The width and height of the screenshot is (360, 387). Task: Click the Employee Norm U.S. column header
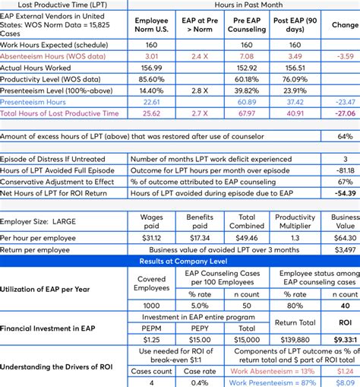[x=151, y=24]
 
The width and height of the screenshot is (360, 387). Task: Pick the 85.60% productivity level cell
[x=151, y=79]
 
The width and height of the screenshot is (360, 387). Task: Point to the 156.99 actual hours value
[x=151, y=68]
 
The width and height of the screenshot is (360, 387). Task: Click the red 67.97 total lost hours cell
[x=247, y=113]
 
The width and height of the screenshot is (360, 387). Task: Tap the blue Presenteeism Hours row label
[x=33, y=102]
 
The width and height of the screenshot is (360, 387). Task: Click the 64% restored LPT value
[x=345, y=136]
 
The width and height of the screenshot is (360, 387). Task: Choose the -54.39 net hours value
[x=344, y=194]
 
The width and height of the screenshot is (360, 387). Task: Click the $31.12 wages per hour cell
[x=151, y=238]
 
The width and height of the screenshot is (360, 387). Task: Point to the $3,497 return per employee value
[x=344, y=249]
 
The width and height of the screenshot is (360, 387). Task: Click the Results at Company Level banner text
[x=180, y=261]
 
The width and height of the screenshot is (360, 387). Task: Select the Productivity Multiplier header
[x=295, y=221]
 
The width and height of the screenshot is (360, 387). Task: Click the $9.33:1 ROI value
[x=344, y=339]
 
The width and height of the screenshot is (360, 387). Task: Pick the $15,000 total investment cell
[x=247, y=339]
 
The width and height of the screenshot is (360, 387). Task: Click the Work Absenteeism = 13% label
[x=271, y=371]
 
